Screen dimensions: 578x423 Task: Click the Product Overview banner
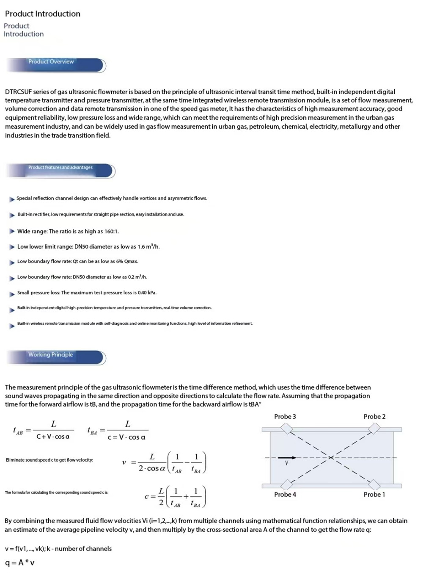click(x=55, y=64)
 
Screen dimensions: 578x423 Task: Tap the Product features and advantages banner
click(x=60, y=170)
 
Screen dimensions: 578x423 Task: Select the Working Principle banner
click(x=55, y=357)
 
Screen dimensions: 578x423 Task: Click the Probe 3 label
click(x=285, y=417)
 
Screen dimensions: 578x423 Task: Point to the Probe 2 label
click(x=374, y=417)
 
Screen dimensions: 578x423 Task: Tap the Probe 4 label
click(x=285, y=495)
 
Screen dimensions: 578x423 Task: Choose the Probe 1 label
click(x=374, y=495)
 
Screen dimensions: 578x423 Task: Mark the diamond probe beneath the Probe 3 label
click(x=288, y=429)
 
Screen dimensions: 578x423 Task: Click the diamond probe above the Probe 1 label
click(x=374, y=484)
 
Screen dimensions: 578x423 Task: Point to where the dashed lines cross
click(x=331, y=457)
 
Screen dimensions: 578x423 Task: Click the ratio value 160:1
click(x=112, y=232)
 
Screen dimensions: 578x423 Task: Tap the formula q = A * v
click(x=20, y=563)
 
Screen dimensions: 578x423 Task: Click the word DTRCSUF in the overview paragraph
click(x=20, y=92)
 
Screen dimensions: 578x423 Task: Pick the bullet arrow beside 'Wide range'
click(x=12, y=231)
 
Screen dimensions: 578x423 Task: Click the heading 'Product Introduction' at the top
click(x=43, y=14)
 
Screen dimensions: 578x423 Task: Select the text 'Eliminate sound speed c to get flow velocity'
click(x=49, y=460)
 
